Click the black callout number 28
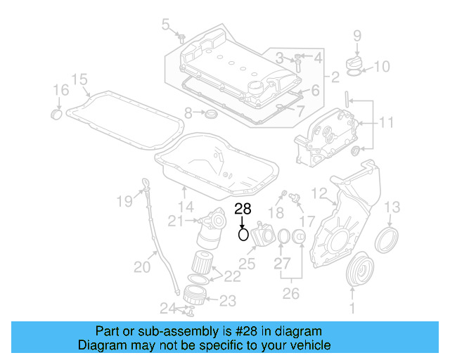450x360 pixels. pyautogui.click(x=242, y=209)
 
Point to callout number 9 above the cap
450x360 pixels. pyautogui.click(x=356, y=35)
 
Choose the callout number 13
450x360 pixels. pyautogui.click(x=392, y=206)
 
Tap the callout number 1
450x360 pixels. pyautogui.click(x=352, y=307)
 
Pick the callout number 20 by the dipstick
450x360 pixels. pyautogui.click(x=143, y=266)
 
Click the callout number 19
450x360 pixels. pyautogui.click(x=124, y=202)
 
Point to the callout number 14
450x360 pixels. pyautogui.click(x=186, y=207)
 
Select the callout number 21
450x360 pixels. pyautogui.click(x=175, y=221)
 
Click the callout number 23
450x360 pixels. pyautogui.click(x=227, y=301)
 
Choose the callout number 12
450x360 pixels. pyautogui.click(x=319, y=193)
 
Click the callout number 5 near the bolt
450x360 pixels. pyautogui.click(x=166, y=25)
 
